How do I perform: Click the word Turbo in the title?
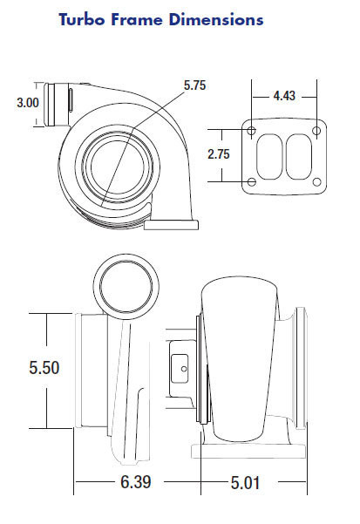pyautogui.click(x=82, y=19)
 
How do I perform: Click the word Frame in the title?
pyautogui.click(x=137, y=19)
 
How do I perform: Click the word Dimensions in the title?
pyautogui.click(x=216, y=19)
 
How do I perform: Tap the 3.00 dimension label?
pyautogui.click(x=28, y=103)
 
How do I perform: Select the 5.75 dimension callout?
pyautogui.click(x=194, y=85)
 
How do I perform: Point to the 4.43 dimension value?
pyautogui.click(x=284, y=96)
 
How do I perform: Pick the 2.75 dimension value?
pyautogui.click(x=219, y=154)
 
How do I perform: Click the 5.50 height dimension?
pyautogui.click(x=44, y=367)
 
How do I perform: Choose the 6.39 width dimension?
pyautogui.click(x=136, y=482)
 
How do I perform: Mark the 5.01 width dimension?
pyautogui.click(x=246, y=482)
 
